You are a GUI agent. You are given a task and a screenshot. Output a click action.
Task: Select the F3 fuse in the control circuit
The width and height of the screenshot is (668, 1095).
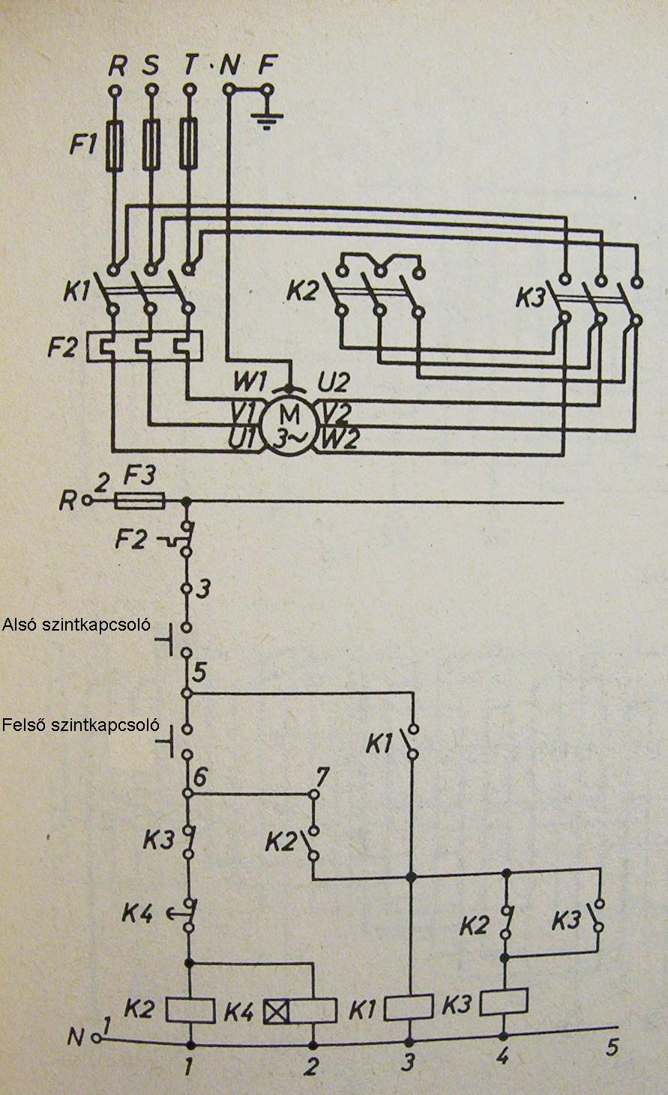click(x=139, y=500)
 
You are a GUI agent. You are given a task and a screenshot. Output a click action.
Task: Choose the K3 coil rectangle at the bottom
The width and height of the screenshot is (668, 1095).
click(x=505, y=1001)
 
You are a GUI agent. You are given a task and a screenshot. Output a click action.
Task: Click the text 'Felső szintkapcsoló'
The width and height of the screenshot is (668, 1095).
click(x=81, y=724)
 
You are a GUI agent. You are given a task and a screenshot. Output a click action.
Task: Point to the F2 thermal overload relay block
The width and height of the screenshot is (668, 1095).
click(x=145, y=347)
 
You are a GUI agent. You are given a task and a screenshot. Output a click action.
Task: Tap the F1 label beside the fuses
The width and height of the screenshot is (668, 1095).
click(x=83, y=145)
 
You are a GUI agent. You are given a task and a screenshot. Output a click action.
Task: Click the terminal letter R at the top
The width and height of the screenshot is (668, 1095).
click(x=116, y=67)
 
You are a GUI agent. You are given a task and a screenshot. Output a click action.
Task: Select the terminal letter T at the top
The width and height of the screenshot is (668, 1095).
click(x=191, y=67)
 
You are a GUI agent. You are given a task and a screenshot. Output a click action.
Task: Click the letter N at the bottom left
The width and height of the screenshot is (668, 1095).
click(x=75, y=1037)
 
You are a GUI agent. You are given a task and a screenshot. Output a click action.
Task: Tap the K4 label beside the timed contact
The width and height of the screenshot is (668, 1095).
click(x=139, y=914)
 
